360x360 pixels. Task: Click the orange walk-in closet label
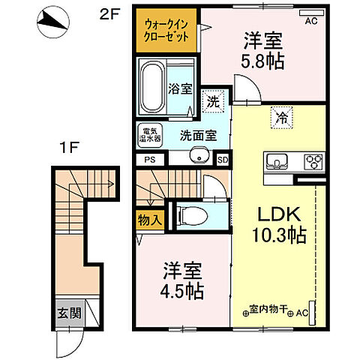(x=166, y=30)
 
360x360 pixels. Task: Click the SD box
(x=222, y=159)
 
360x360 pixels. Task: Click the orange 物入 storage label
(x=148, y=220)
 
